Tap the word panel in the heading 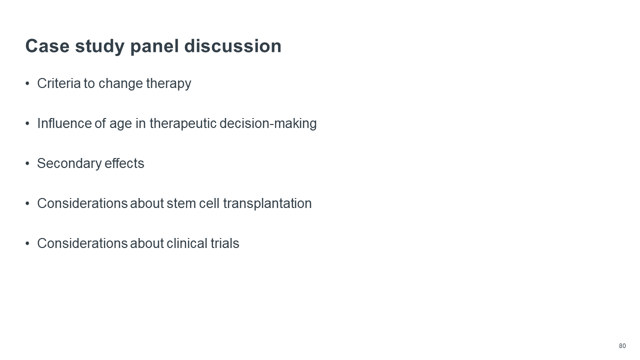[154, 46]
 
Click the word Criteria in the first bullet [59, 83]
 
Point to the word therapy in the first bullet [168, 84]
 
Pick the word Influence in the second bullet [64, 123]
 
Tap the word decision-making [268, 124]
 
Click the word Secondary [69, 164]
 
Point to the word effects [124, 163]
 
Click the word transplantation [267, 204]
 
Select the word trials [225, 243]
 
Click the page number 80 [622, 346]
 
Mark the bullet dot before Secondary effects [27, 163]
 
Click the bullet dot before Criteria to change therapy [27, 83]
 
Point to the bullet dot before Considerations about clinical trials [27, 243]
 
